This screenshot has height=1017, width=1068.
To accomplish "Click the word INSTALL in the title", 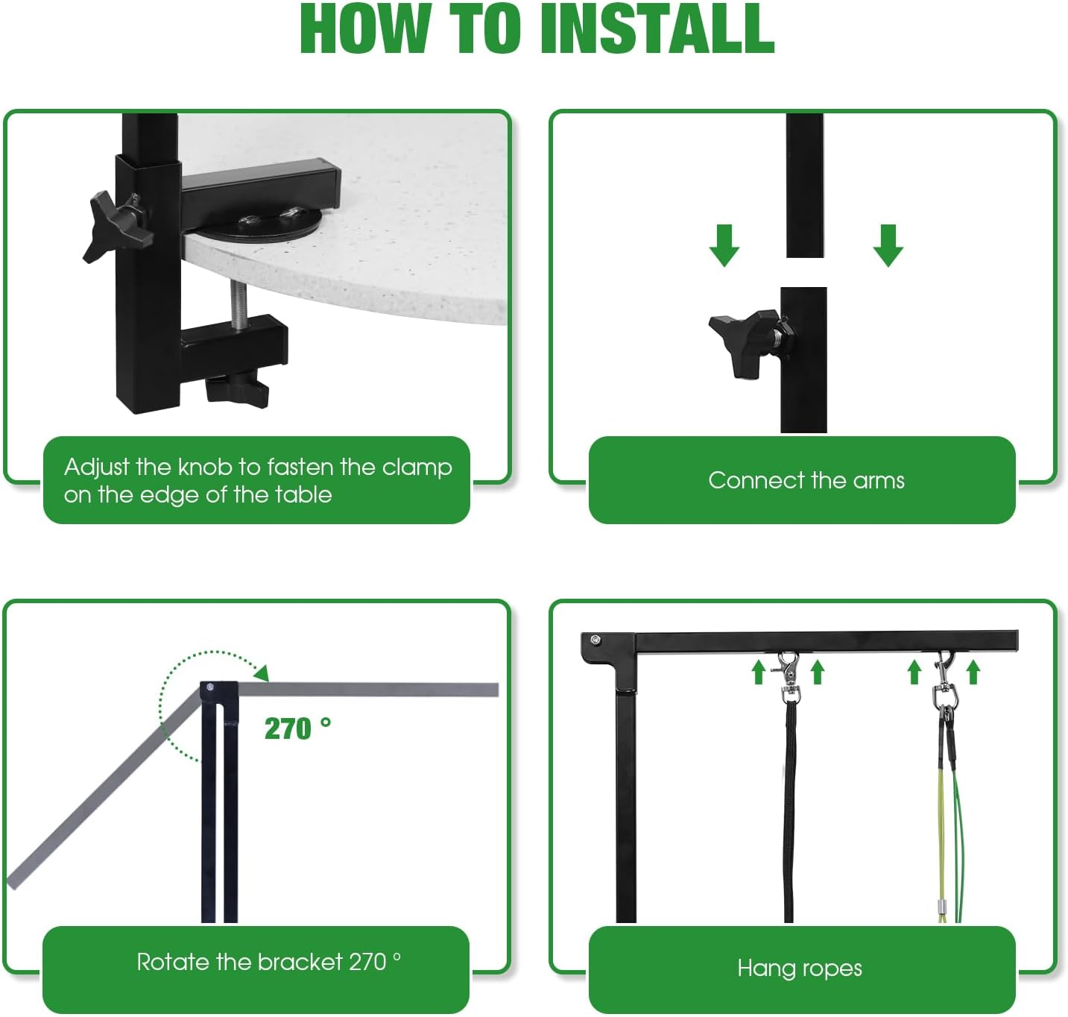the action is (x=657, y=29).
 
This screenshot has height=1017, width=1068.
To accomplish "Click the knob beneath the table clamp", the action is (x=237, y=388).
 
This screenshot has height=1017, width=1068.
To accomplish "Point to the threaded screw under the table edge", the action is (x=238, y=305).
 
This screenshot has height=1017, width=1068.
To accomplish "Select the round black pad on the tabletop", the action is (x=258, y=223).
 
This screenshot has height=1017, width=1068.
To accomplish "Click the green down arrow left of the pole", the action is (x=724, y=245).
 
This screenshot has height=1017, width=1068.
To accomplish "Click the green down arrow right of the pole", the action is (x=888, y=245).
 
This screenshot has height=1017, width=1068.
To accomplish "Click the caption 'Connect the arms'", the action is (x=806, y=480).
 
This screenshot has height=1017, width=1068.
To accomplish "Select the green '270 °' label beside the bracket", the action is (x=297, y=728).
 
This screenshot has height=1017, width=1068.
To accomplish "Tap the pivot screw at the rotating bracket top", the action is (x=210, y=687).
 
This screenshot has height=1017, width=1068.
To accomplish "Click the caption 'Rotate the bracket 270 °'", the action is (x=268, y=962).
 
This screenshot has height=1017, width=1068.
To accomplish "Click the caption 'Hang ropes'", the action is (x=800, y=968).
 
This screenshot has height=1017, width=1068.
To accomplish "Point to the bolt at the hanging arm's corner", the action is (x=595, y=640).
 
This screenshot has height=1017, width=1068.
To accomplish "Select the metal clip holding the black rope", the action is (x=789, y=677).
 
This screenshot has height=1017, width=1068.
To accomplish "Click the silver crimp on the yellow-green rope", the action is (x=941, y=906).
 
